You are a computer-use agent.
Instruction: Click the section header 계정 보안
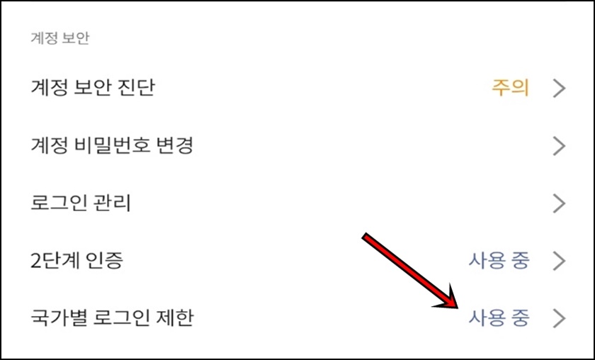[x=60, y=38]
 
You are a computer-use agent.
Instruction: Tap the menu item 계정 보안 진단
[x=93, y=88]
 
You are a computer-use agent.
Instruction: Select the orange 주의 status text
[x=511, y=88]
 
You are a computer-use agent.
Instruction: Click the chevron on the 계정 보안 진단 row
[x=559, y=89]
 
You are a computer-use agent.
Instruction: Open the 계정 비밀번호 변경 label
[x=112, y=146]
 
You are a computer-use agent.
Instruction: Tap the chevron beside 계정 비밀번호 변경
[x=559, y=146]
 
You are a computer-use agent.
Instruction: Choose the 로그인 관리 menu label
[x=81, y=203]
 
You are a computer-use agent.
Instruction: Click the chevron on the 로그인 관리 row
[x=559, y=203]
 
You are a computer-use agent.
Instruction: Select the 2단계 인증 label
[x=77, y=261]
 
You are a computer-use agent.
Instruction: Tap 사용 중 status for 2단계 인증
[x=499, y=261]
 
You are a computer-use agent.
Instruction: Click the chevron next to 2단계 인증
[x=559, y=261]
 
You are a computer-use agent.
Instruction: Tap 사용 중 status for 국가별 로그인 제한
[x=499, y=318]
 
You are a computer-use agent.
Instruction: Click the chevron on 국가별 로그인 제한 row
[x=559, y=318]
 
